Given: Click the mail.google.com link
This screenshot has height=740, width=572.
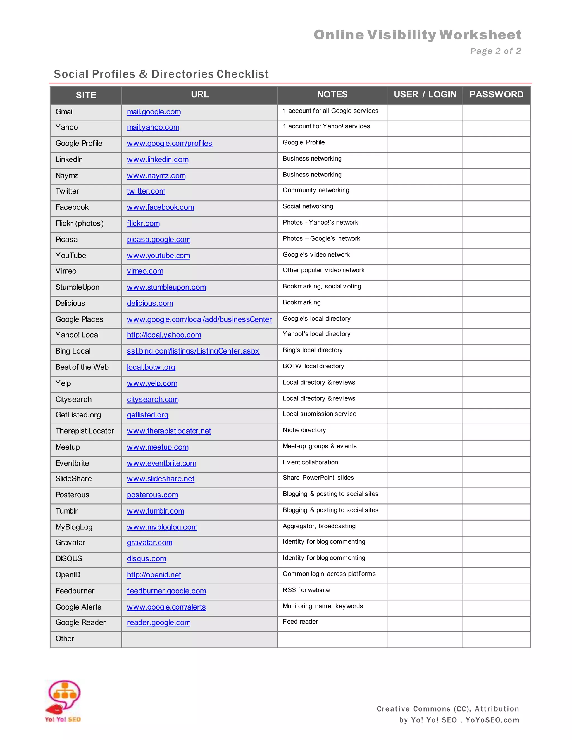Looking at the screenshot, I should [x=154, y=112].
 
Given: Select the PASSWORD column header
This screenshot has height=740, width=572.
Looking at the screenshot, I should [x=496, y=95].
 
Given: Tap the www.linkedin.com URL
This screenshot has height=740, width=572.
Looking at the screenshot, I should [x=158, y=159].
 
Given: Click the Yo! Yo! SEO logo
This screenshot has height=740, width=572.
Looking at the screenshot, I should [x=63, y=701].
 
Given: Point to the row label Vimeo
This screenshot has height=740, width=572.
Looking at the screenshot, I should [x=66, y=271].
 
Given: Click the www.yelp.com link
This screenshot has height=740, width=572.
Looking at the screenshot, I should [x=152, y=383].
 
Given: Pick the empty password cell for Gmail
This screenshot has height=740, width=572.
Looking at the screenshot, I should [x=496, y=113].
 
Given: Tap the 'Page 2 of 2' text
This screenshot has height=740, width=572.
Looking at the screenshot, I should [x=495, y=51].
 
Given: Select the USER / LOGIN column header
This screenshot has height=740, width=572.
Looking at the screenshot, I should [x=425, y=95].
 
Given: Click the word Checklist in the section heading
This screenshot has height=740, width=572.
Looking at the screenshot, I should [x=243, y=74].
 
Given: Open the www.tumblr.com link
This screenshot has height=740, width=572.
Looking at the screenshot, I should [x=156, y=511].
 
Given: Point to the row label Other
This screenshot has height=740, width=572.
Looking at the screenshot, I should [x=65, y=639].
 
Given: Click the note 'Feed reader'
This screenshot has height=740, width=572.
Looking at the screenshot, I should [x=300, y=621].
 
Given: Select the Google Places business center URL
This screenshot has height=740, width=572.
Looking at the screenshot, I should [x=199, y=319].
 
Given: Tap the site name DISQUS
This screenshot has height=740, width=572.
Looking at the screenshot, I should [x=69, y=558].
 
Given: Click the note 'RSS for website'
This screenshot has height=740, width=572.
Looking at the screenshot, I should [x=306, y=590].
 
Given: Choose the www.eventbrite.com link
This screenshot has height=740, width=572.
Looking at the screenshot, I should [x=162, y=463].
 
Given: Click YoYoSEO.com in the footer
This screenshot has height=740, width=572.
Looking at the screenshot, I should [x=492, y=720].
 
